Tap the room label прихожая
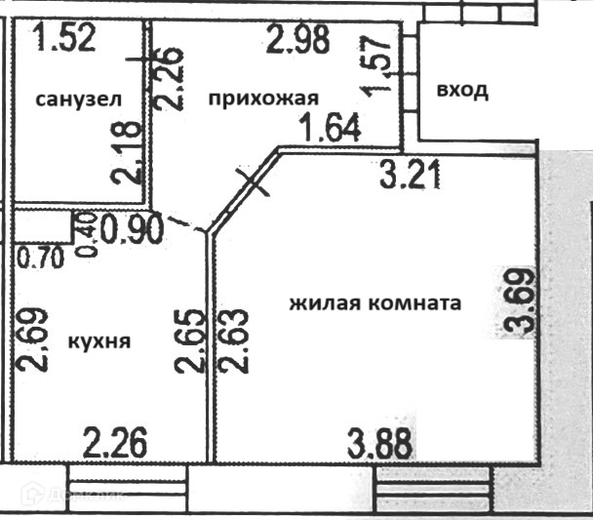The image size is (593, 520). pos(263,97)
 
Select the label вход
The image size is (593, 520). pos(461,91)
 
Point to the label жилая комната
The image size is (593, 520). pos(375,302)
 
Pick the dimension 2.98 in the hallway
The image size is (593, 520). pos(299,40)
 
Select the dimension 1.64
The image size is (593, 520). pos(329,127)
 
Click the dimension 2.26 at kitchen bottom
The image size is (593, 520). pos(114,445)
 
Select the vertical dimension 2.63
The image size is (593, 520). pos(234,340)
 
